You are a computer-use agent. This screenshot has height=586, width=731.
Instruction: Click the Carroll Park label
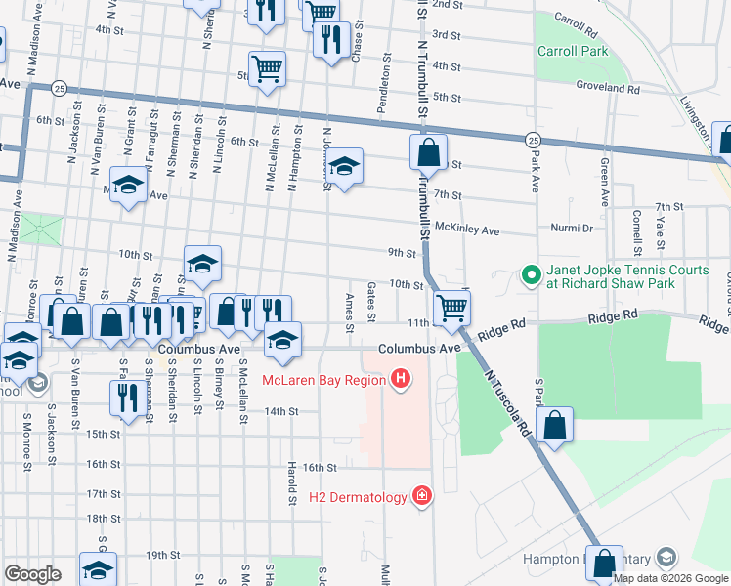coord(572,51)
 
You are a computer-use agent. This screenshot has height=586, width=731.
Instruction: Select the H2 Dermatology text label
coord(358,498)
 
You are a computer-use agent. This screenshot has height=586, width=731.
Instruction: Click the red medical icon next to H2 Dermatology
coord(421,497)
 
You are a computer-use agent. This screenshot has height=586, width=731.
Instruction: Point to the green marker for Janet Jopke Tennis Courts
coord(531,276)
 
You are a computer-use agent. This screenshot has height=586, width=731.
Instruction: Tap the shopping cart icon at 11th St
coord(451,308)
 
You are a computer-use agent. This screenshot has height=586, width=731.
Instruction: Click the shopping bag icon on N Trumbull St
coord(428,151)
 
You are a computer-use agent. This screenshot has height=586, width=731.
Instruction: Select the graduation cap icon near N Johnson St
coord(344,166)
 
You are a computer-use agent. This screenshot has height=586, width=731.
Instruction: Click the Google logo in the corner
coord(32,574)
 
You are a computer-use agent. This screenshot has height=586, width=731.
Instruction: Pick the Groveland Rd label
coord(607,87)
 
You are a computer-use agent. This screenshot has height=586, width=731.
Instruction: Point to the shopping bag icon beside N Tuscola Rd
coord(554,425)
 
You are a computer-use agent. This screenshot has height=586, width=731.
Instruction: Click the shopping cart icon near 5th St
coord(267,68)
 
